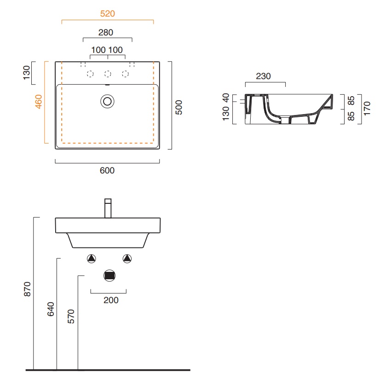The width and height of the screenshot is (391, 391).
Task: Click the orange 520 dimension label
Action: pyautogui.click(x=108, y=13)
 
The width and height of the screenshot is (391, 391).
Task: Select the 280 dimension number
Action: pyautogui.click(x=106, y=32)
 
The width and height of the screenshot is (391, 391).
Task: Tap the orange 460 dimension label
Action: pyautogui.click(x=39, y=102)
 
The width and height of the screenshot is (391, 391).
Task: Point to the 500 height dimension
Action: pyautogui.click(x=179, y=107)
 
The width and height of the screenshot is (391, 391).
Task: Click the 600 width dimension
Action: pyautogui.click(x=107, y=170)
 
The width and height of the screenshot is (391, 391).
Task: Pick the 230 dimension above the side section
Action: pyautogui.click(x=263, y=76)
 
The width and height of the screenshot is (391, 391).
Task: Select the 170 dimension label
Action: pyautogui.click(x=367, y=109)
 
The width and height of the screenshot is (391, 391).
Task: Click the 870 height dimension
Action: pyautogui.click(x=27, y=289)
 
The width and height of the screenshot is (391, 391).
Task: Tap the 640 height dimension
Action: pyautogui.click(x=51, y=309)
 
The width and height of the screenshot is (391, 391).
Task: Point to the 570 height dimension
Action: pyautogui.click(x=71, y=316)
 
